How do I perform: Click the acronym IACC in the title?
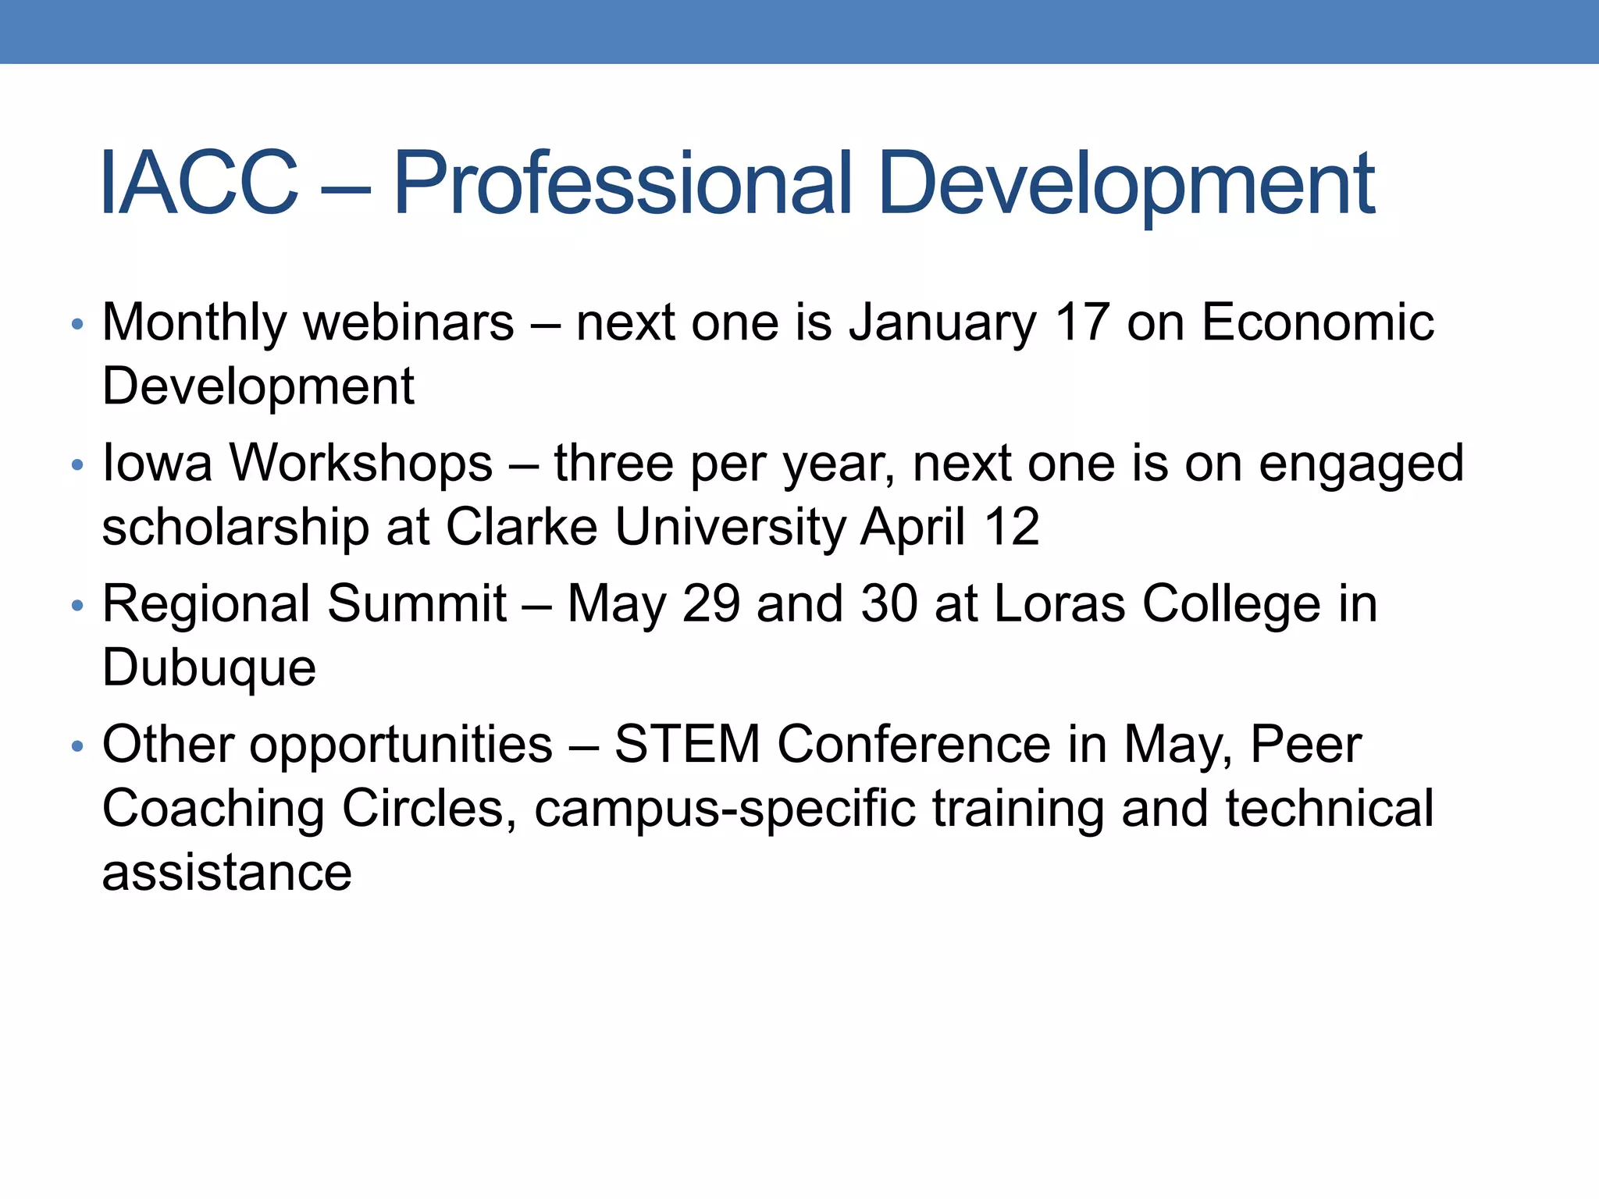199,183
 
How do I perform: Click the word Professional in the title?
621,183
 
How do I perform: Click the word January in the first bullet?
942,323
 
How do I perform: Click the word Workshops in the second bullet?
360,464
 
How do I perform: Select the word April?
913,528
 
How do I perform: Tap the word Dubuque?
208,668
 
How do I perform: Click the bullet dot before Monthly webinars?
77,324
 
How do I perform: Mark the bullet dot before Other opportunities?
77,746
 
